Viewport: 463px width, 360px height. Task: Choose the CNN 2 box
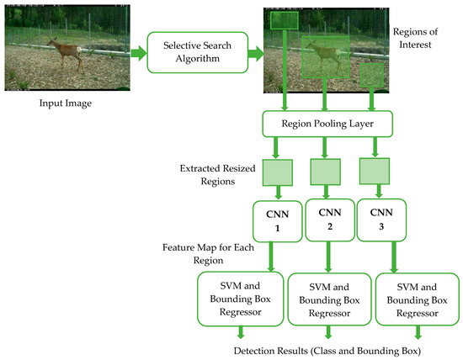point(325,219)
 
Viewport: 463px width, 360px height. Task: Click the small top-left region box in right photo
point(285,21)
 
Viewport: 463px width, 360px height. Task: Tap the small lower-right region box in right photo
point(370,77)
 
